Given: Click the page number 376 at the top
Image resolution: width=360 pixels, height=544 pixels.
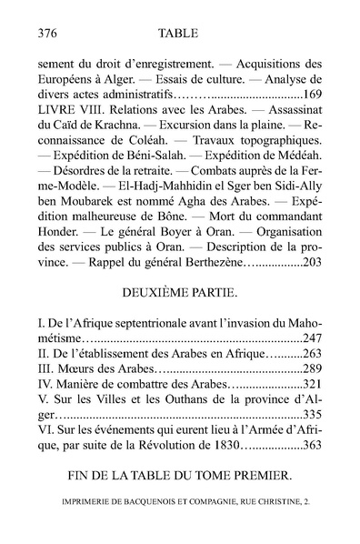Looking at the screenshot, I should pos(44,32).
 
